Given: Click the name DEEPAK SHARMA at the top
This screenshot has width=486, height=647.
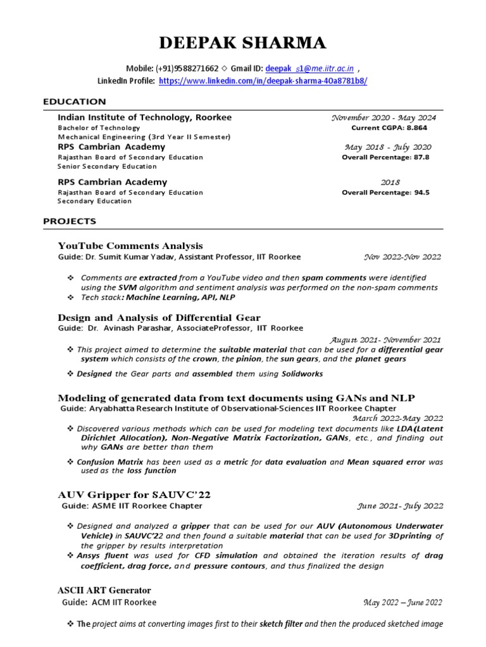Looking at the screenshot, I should pyautogui.click(x=242, y=43).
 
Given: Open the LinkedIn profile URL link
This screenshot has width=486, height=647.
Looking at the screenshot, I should pyautogui.click(x=262, y=82).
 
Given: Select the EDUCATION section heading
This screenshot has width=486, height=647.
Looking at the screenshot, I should pyautogui.click(x=74, y=102).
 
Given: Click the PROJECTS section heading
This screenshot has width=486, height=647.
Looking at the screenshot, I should pyautogui.click(x=70, y=221).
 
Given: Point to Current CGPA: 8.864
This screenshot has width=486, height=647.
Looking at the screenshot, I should pyautogui.click(x=390, y=128).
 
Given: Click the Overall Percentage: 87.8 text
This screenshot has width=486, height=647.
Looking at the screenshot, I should pyautogui.click(x=385, y=157).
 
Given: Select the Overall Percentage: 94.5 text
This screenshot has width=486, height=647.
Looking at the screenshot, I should pyautogui.click(x=385, y=192).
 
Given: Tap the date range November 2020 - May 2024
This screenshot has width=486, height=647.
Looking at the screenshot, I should pyautogui.click(x=383, y=118).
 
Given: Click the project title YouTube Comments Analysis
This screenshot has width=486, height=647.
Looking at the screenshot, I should pyautogui.click(x=130, y=246).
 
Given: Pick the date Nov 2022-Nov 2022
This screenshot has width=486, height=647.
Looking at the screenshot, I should pyautogui.click(x=402, y=257).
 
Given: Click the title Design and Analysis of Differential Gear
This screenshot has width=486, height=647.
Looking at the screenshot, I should pyautogui.click(x=159, y=317).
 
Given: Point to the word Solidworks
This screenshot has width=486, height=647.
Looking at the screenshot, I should pyautogui.click(x=302, y=373).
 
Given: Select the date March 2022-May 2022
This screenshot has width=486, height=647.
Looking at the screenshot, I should pyautogui.click(x=397, y=418).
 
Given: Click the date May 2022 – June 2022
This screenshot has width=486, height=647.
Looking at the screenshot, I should pyautogui.click(x=402, y=603).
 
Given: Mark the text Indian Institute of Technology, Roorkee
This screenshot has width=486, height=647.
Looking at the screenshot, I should pyautogui.click(x=145, y=118).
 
